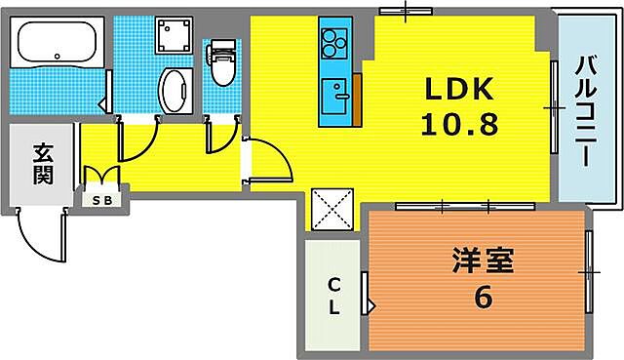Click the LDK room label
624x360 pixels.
(x=460, y=90)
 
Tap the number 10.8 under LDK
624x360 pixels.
(x=460, y=125)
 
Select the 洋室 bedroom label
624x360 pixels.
(x=482, y=261)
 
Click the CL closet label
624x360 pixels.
(x=333, y=296)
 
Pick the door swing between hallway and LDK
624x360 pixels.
(x=267, y=161)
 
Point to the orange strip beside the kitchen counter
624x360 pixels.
(x=357, y=96)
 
